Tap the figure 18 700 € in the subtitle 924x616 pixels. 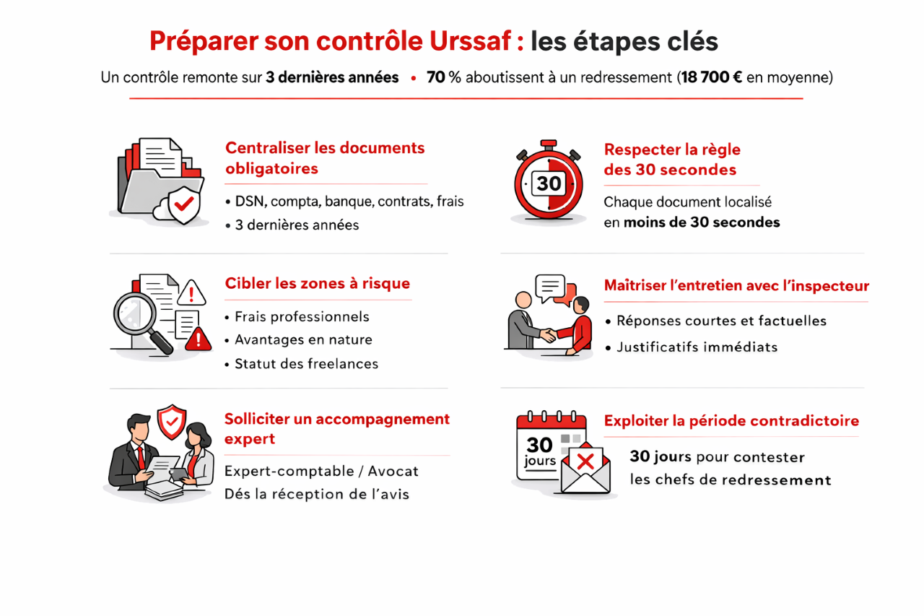click(712, 77)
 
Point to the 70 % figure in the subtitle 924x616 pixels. click(443, 77)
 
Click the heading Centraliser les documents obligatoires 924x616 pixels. click(325, 158)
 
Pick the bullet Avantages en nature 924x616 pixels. click(303, 339)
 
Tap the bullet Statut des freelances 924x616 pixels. click(306, 363)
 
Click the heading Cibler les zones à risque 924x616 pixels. click(318, 283)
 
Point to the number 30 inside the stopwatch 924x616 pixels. click(549, 183)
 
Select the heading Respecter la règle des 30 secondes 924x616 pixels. click(671, 160)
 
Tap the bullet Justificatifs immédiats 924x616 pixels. click(697, 347)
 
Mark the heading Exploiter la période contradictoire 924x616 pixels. click(731, 420)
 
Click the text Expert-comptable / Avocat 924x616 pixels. click(321, 471)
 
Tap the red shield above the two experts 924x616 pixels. click(172, 421)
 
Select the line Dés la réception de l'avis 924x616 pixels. click(317, 494)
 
